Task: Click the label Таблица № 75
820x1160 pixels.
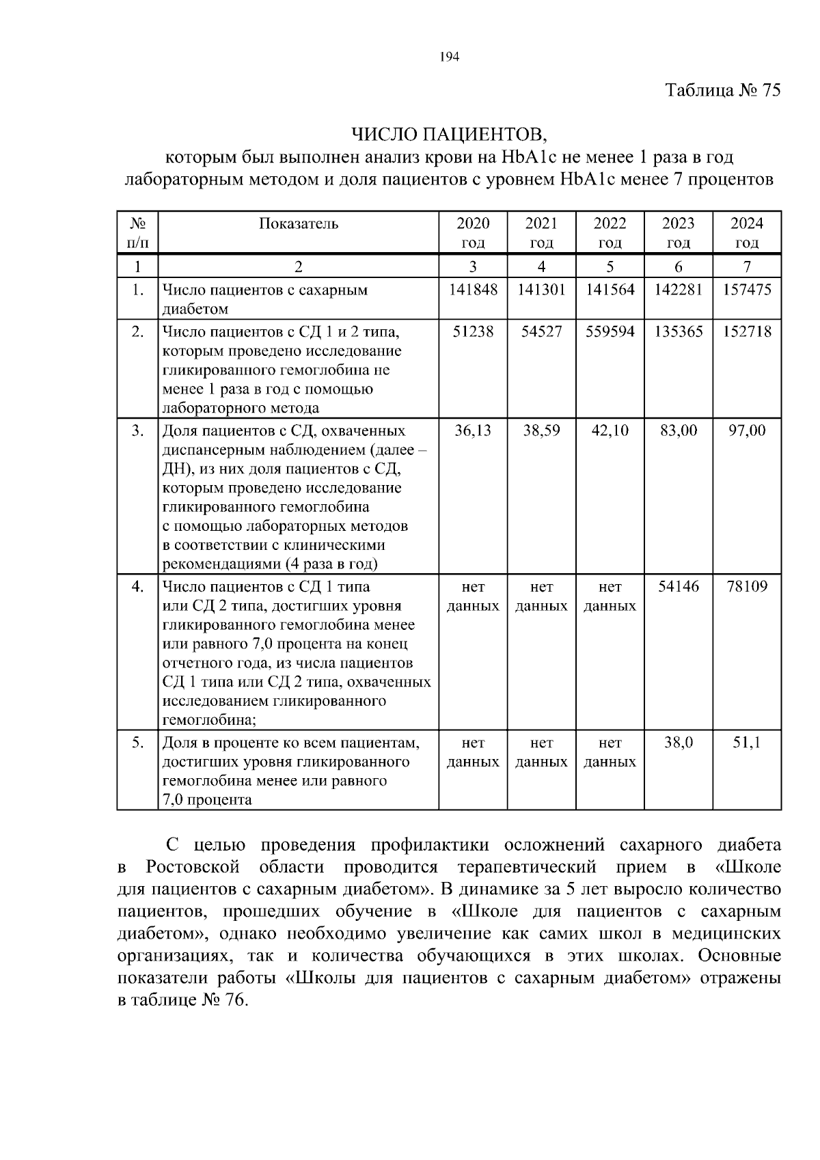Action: click(x=722, y=91)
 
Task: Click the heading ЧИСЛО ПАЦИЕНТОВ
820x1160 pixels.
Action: click(x=450, y=133)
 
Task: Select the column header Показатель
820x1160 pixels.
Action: click(x=299, y=224)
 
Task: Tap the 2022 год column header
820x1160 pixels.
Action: click(x=610, y=233)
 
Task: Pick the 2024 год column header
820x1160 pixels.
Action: click(x=747, y=233)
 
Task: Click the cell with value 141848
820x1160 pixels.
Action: click(x=473, y=290)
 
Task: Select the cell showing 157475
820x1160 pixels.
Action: click(x=747, y=290)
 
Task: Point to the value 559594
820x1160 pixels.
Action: click(x=610, y=332)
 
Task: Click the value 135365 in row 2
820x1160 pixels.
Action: click(x=678, y=332)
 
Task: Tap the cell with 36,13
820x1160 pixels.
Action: click(x=473, y=431)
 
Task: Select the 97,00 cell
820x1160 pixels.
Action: click(x=747, y=431)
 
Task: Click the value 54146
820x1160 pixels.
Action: click(x=678, y=587)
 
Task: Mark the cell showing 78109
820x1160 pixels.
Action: click(x=747, y=587)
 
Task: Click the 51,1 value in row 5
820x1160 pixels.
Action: click(x=747, y=743)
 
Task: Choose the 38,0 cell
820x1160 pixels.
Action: click(x=678, y=743)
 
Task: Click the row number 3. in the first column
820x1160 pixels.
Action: click(x=138, y=431)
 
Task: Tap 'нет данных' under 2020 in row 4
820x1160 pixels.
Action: click(x=473, y=596)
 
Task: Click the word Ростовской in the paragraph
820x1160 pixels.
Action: click(x=193, y=868)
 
